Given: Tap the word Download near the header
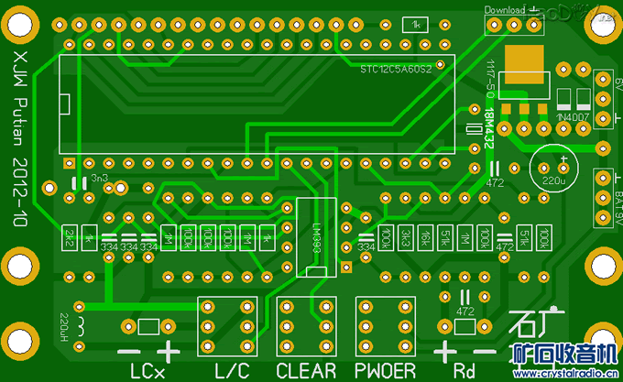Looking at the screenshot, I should [x=505, y=10].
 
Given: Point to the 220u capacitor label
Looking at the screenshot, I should [x=553, y=181].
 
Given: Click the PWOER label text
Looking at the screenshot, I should [x=386, y=371].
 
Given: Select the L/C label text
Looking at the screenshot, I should [x=231, y=371].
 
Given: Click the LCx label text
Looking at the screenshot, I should [x=147, y=371].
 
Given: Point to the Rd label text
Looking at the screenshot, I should [x=465, y=371].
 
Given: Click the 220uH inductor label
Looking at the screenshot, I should [x=65, y=325].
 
